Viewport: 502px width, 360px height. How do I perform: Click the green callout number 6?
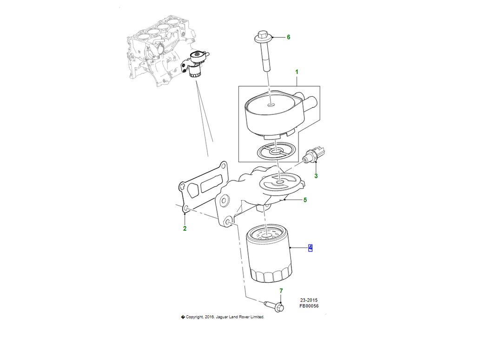[289, 37]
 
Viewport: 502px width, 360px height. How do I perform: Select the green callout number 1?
[297, 72]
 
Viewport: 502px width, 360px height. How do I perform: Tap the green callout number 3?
[316, 176]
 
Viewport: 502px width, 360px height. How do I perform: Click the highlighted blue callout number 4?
[310, 248]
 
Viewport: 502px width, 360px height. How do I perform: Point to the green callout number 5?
[305, 200]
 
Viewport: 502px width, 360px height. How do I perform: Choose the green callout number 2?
[185, 228]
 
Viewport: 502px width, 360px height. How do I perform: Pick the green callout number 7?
[281, 291]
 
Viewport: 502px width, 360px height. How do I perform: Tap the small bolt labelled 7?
[274, 306]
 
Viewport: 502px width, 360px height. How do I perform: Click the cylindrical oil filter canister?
[269, 253]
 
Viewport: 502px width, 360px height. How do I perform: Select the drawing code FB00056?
[309, 306]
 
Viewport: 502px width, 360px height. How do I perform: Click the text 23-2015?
[309, 300]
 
